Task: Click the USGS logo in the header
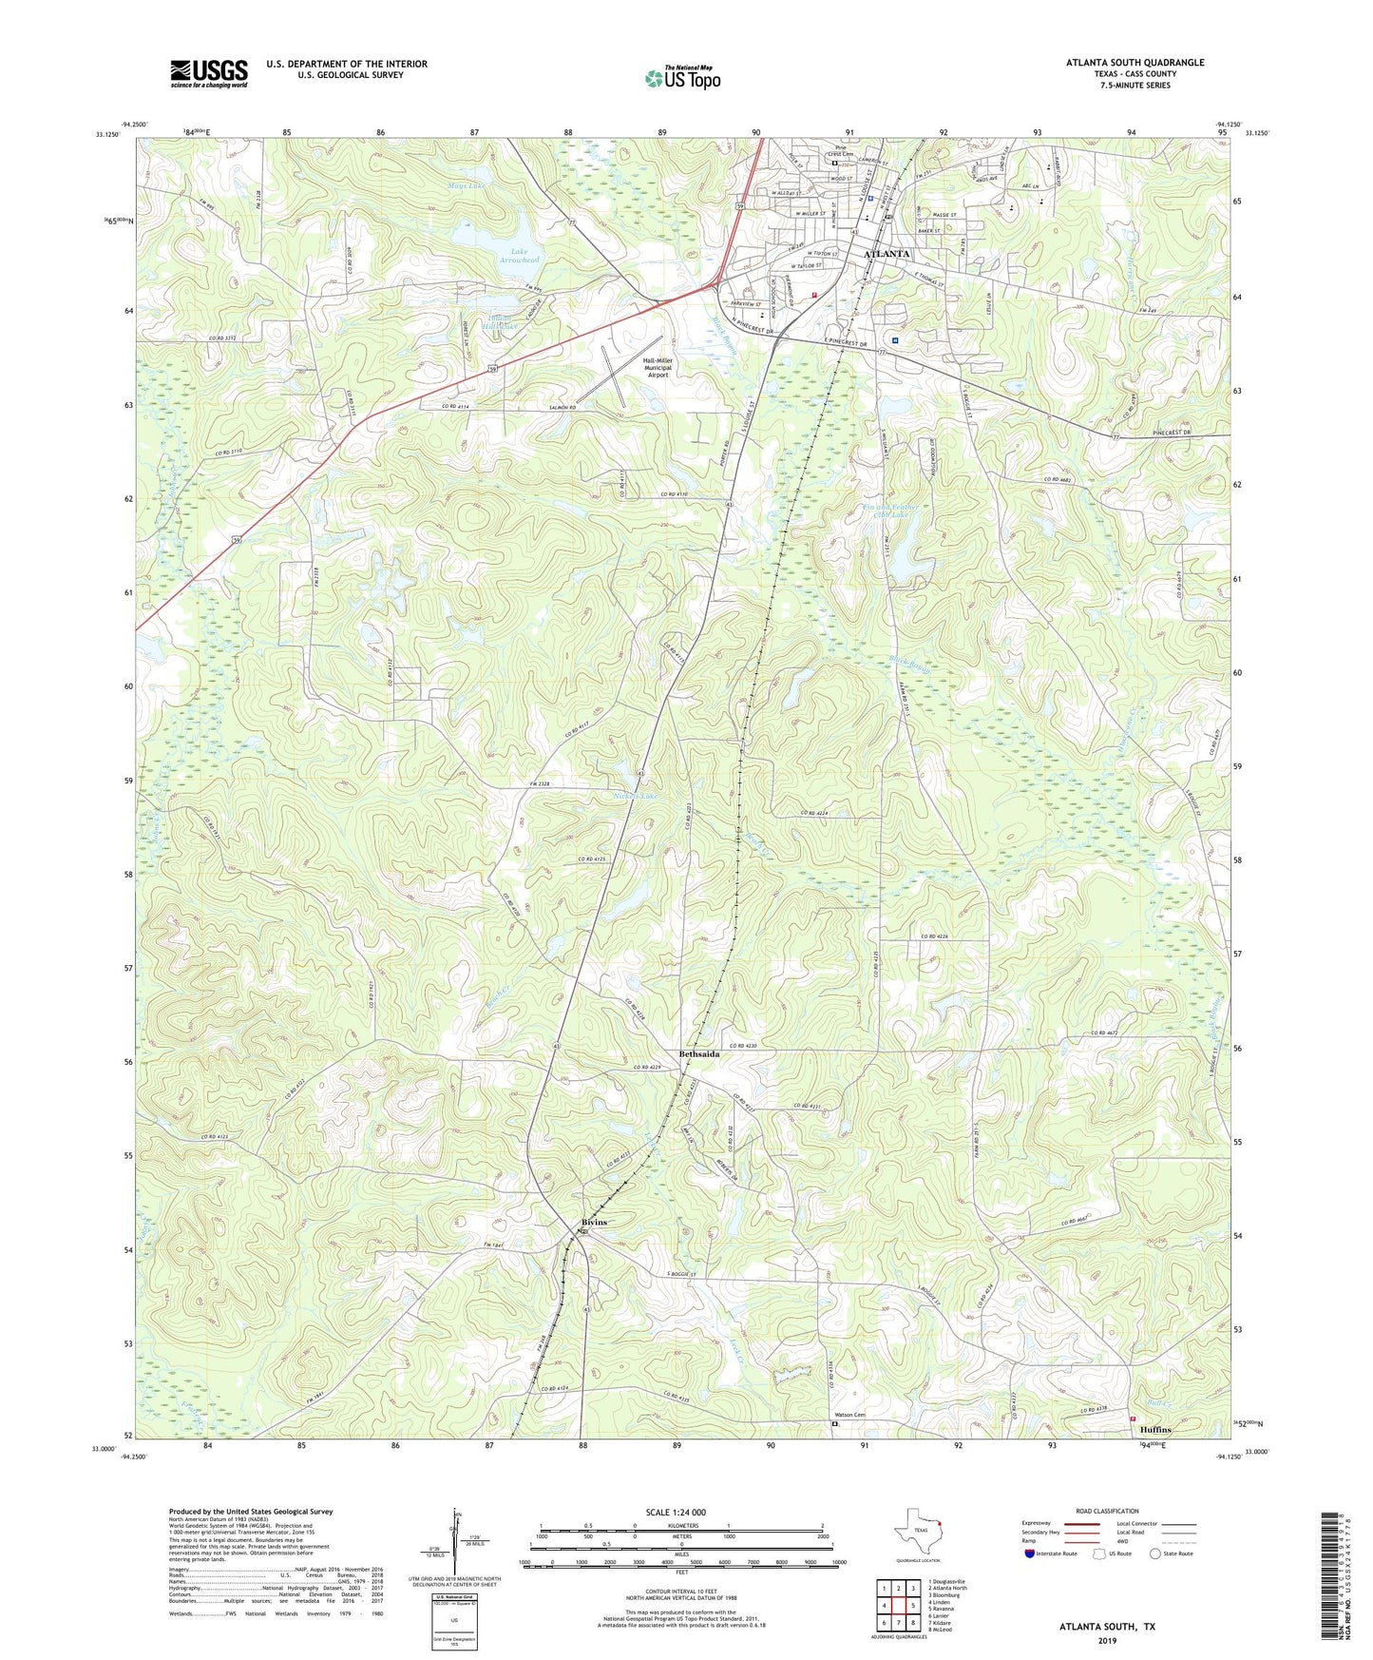209,73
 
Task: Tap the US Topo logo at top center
682,78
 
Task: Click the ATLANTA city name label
886,254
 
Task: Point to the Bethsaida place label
698,1054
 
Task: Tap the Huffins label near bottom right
1155,1430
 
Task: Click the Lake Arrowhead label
520,255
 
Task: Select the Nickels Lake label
635,795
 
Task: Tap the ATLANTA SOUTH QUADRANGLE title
1135,63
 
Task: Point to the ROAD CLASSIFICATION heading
1107,1511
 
